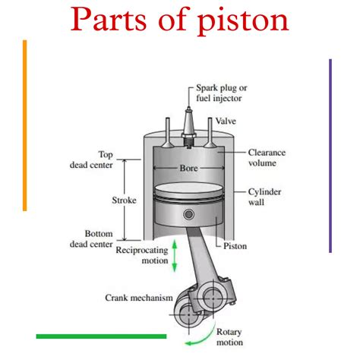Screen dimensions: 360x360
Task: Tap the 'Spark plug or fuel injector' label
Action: (x=222, y=93)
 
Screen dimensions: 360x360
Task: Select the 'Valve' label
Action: (x=226, y=122)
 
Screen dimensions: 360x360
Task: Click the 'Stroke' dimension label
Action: (x=123, y=201)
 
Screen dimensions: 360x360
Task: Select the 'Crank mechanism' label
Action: (x=139, y=298)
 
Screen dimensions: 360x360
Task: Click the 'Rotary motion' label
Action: (x=229, y=337)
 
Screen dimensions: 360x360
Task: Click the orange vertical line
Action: (x=25, y=125)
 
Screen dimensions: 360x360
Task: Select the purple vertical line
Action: (x=330, y=156)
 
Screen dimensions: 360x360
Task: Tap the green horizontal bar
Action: (x=101, y=336)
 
